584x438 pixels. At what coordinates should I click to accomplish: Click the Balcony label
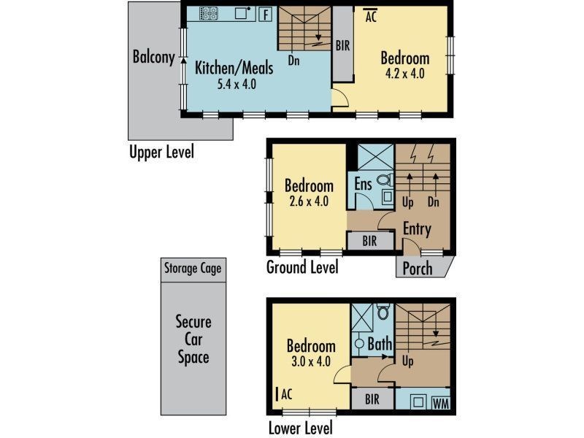[x=153, y=57]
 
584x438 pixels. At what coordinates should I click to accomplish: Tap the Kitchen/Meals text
[x=234, y=68]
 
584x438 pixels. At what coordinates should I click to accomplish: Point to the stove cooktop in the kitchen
[x=208, y=13]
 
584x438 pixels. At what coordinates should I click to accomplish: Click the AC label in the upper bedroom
[x=370, y=15]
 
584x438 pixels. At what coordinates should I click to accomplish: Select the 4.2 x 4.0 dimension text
[x=404, y=74]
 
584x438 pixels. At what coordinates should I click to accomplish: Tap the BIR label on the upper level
[x=343, y=45]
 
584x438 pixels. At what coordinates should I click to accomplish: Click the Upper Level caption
[x=161, y=153]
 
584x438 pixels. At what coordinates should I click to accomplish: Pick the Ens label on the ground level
[x=364, y=183]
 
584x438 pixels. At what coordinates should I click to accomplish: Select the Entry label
[x=417, y=229]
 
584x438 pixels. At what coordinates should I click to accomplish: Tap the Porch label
[x=418, y=268]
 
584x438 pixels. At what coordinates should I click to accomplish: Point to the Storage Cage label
[x=193, y=268]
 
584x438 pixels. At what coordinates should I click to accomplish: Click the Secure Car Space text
[x=193, y=339]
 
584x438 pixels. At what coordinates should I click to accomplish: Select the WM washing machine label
[x=440, y=403]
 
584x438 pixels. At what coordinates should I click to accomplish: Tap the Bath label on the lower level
[x=380, y=343]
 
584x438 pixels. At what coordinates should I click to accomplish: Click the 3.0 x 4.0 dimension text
[x=311, y=361]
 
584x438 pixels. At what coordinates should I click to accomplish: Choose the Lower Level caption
[x=300, y=428]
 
